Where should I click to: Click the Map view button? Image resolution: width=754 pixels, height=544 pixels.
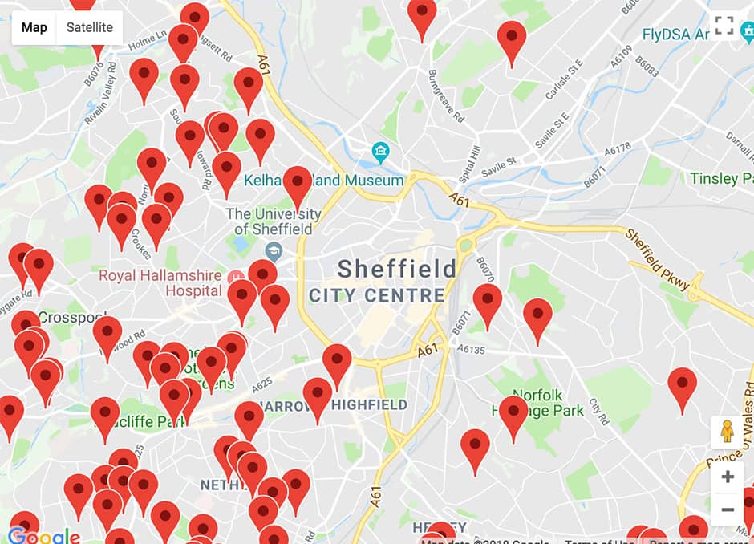[34, 28]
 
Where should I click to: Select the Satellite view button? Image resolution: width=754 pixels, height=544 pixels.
[89, 28]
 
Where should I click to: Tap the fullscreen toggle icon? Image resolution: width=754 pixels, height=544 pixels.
[724, 26]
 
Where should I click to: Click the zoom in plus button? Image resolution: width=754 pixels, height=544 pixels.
[728, 477]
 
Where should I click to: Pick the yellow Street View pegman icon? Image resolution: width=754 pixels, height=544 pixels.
[728, 432]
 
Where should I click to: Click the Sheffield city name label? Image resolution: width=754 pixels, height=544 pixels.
[396, 269]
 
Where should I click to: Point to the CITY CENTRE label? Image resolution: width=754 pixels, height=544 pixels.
[377, 295]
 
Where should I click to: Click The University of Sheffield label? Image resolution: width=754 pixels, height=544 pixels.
[273, 221]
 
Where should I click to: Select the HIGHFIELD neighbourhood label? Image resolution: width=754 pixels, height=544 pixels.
[370, 405]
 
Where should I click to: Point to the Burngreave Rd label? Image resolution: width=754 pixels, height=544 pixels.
[446, 96]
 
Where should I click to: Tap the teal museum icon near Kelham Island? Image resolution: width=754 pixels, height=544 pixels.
[379, 151]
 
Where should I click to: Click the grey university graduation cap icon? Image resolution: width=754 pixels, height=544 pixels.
[274, 251]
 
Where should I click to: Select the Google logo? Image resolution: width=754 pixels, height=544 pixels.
[44, 536]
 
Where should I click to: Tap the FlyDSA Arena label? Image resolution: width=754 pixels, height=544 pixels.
[676, 35]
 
